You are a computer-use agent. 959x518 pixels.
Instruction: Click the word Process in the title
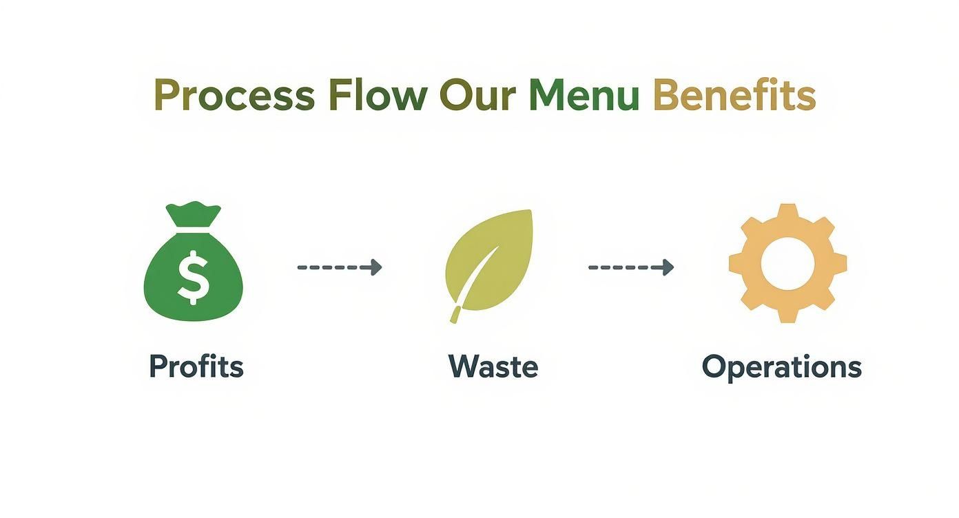234,96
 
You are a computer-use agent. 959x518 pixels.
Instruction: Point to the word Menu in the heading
584,96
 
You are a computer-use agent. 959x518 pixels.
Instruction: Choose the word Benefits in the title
734,96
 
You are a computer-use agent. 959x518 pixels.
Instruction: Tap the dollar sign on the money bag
194,276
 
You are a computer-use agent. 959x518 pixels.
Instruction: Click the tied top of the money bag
194,215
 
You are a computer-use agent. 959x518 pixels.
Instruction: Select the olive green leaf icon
491,258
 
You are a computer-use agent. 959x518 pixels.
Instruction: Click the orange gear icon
787,262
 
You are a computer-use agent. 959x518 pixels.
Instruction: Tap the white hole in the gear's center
787,262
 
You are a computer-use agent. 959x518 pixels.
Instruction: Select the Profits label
196,366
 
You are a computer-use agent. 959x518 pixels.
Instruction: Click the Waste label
493,366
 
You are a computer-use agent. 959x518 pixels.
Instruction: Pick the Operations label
781,367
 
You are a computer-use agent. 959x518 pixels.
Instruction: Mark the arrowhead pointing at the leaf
375,267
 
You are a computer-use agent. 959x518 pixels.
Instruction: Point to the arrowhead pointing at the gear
668,267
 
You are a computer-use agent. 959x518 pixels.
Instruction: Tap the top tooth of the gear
787,212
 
